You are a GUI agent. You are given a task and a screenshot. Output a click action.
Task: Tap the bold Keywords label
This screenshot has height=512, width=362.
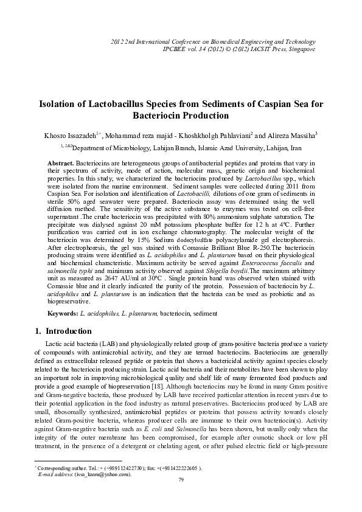coord(63,313)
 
